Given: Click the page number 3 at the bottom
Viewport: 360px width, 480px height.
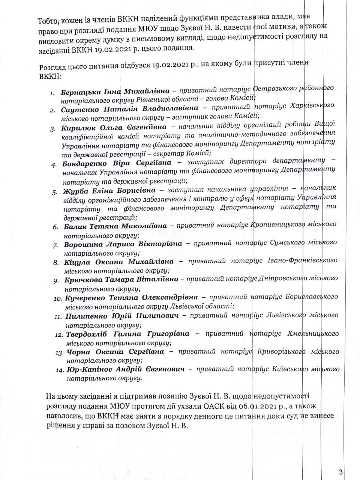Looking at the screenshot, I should tap(341, 472).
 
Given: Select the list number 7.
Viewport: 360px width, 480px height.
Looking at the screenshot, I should tap(55, 245).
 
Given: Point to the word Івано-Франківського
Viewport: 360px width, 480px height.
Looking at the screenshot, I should tap(306, 261).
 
